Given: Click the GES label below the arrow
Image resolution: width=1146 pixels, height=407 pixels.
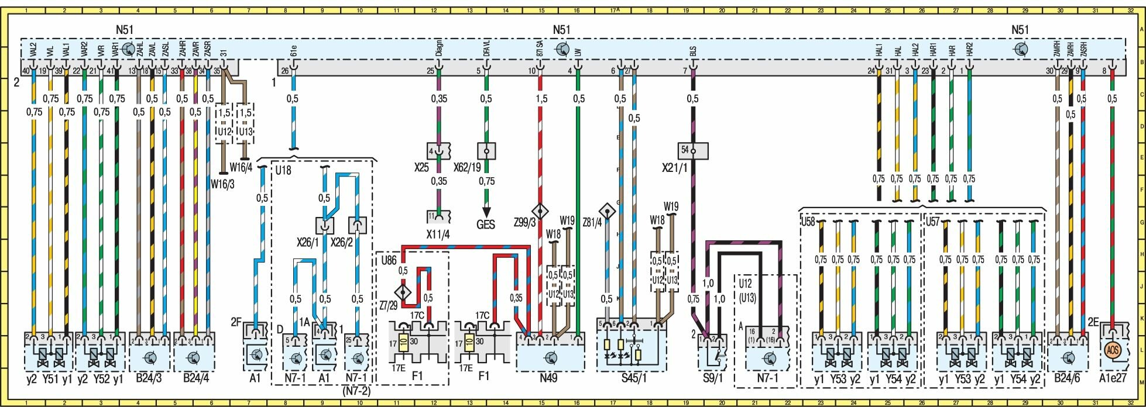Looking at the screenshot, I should click(x=485, y=225).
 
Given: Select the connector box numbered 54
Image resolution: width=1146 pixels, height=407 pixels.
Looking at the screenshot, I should click(x=692, y=151).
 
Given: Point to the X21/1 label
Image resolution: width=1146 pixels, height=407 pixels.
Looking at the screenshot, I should click(x=674, y=167).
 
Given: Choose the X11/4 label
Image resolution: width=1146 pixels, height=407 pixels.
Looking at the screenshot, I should click(x=438, y=235).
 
